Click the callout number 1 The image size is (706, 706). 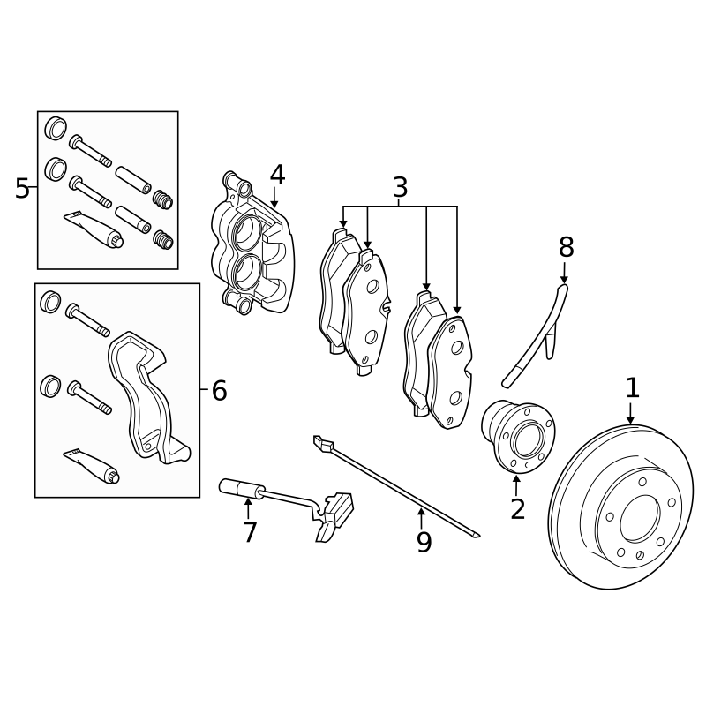(x=632, y=387)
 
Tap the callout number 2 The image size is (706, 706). (x=517, y=508)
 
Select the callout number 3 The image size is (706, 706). (x=400, y=187)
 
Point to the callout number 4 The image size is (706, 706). (x=277, y=175)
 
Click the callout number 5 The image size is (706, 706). (x=22, y=188)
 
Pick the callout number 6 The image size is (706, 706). (x=219, y=390)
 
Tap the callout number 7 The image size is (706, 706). (x=249, y=532)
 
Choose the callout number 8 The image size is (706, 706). (x=566, y=248)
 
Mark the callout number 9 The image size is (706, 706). (x=424, y=542)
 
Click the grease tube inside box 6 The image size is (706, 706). (x=93, y=465)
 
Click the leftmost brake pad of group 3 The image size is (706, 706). (x=334, y=291)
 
